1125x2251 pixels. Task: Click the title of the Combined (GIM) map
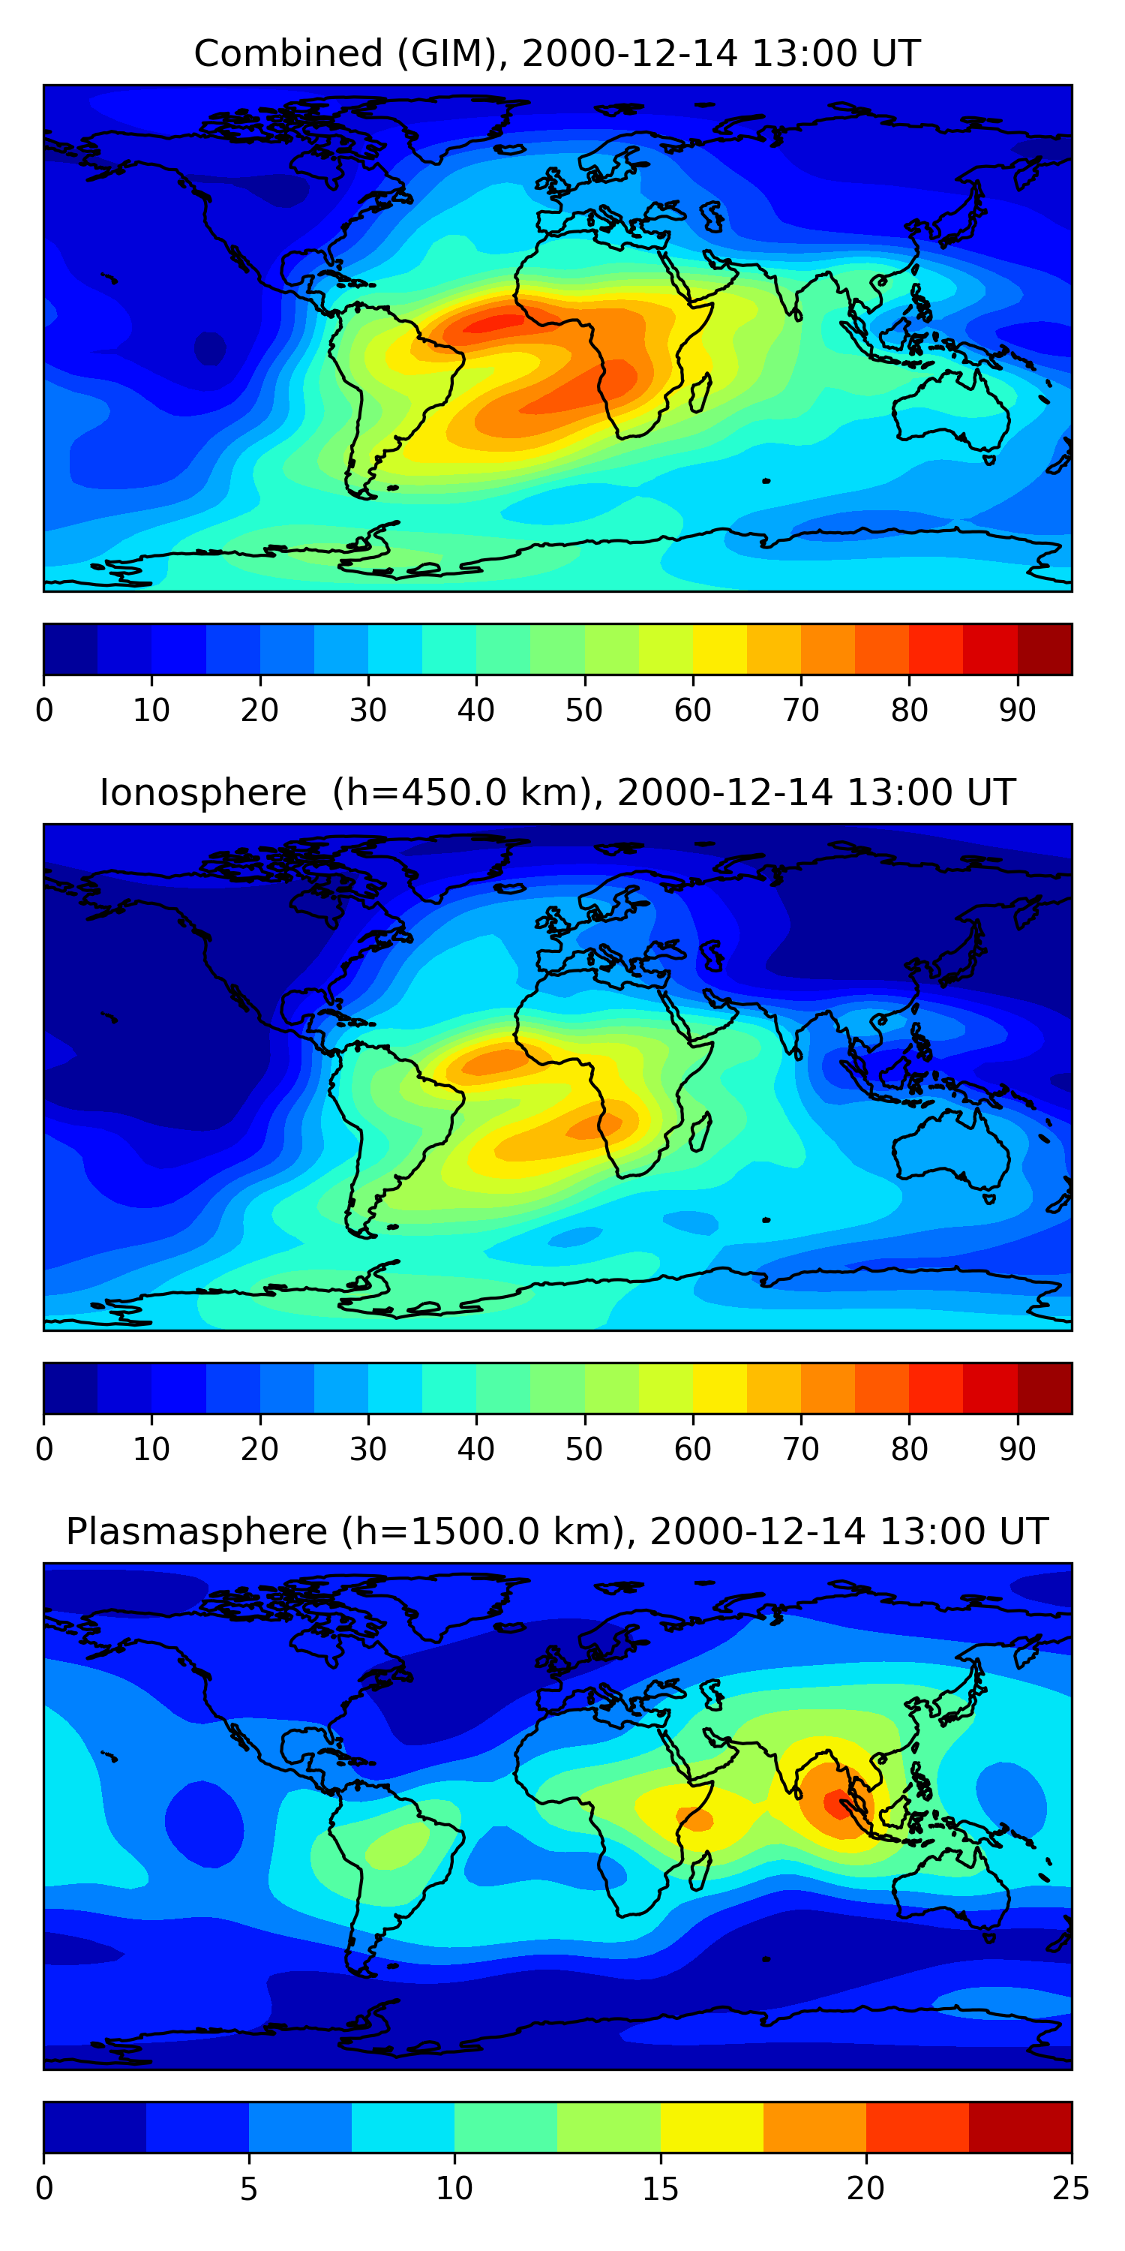556,53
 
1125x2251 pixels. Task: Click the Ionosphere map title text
556,792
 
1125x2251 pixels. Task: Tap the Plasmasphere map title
556,1532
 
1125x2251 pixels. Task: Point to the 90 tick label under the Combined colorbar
1017,711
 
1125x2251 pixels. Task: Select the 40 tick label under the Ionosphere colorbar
476,1450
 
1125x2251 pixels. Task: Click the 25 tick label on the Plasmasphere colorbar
1070,2189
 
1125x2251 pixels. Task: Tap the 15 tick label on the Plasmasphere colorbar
659,2189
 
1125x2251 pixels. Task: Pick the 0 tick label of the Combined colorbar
44,711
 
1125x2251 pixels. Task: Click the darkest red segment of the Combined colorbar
1045,649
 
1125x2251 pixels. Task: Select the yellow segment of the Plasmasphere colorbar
711,2127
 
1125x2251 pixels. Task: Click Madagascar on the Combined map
700,392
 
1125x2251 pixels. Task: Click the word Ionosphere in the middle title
202,792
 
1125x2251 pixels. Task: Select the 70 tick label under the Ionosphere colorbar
801,1450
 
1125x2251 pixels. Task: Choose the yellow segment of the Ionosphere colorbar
720,1387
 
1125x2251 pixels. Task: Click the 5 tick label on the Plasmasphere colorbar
249,2189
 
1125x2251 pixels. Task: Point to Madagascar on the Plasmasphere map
700,1870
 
